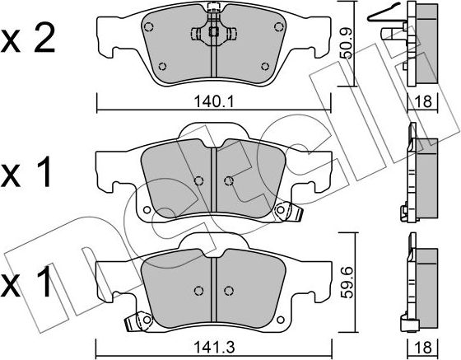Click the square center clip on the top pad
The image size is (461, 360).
[x=213, y=33]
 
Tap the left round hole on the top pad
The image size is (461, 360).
[x=161, y=68]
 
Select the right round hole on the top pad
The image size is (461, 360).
[x=265, y=68]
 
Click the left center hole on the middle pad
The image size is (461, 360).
[x=198, y=180]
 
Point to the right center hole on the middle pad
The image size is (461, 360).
[x=229, y=180]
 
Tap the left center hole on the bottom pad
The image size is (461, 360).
[x=198, y=291]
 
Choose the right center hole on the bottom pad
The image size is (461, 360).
[x=229, y=291]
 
